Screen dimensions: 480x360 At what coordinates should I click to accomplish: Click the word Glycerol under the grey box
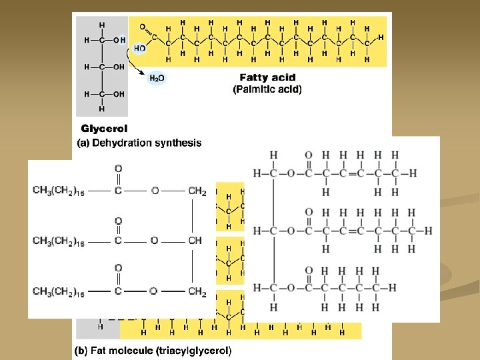(x=104, y=128)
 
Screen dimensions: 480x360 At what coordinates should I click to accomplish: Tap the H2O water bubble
(x=157, y=78)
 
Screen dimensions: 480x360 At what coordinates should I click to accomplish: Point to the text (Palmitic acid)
(x=267, y=89)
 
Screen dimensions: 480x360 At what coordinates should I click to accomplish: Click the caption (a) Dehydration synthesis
(x=139, y=143)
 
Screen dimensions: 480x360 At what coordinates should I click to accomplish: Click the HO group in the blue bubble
(x=139, y=48)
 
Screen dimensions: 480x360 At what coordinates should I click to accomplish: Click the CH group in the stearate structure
(x=195, y=241)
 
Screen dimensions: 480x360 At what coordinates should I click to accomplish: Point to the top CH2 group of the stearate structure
(x=197, y=191)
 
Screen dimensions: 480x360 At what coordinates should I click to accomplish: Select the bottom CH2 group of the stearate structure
(x=197, y=291)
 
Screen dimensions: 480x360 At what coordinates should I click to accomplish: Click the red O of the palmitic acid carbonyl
(x=141, y=27)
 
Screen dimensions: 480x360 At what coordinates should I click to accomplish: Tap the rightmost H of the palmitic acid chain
(x=381, y=37)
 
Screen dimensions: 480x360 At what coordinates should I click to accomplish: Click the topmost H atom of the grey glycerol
(x=102, y=25)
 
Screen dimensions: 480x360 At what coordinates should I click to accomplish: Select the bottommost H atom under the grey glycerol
(x=102, y=109)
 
